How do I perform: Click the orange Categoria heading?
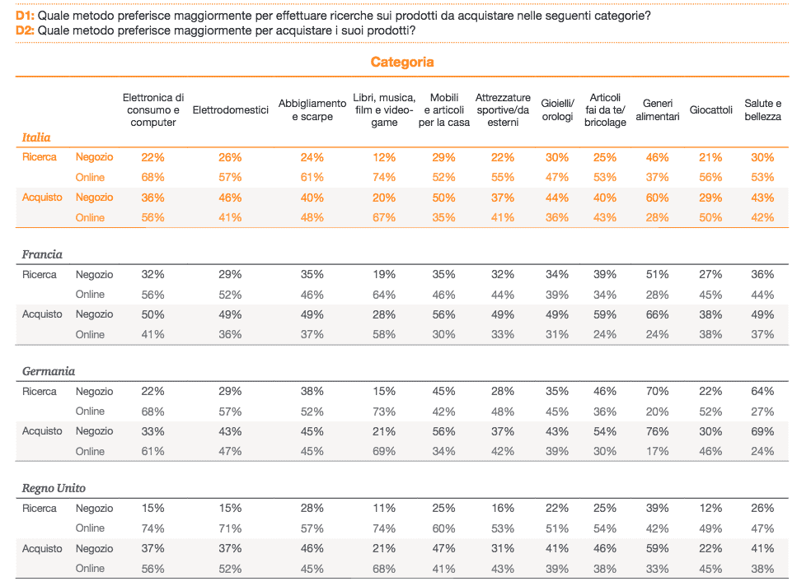coord(402,62)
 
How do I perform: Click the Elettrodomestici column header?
coord(230,110)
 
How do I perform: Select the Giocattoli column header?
coord(710,110)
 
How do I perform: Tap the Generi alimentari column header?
coord(657,110)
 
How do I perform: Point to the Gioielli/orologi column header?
coord(557,110)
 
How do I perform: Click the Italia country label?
coord(36,137)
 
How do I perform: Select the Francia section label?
coord(42,254)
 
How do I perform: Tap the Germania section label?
coord(49,371)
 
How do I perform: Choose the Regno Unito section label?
coord(54,488)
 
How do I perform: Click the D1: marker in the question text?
coord(25,16)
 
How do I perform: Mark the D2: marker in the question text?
coord(25,30)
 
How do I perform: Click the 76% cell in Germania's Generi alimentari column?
coord(657,431)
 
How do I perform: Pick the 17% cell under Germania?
coord(657,451)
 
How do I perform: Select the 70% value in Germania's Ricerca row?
coord(657,391)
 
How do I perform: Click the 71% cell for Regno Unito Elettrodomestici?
coord(230,528)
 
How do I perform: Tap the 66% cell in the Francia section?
coord(657,314)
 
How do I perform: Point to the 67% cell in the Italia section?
coord(384,217)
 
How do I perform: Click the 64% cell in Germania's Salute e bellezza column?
coord(762,391)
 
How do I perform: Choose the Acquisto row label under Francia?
coord(42,314)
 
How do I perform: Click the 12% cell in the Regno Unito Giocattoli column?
coord(710,509)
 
